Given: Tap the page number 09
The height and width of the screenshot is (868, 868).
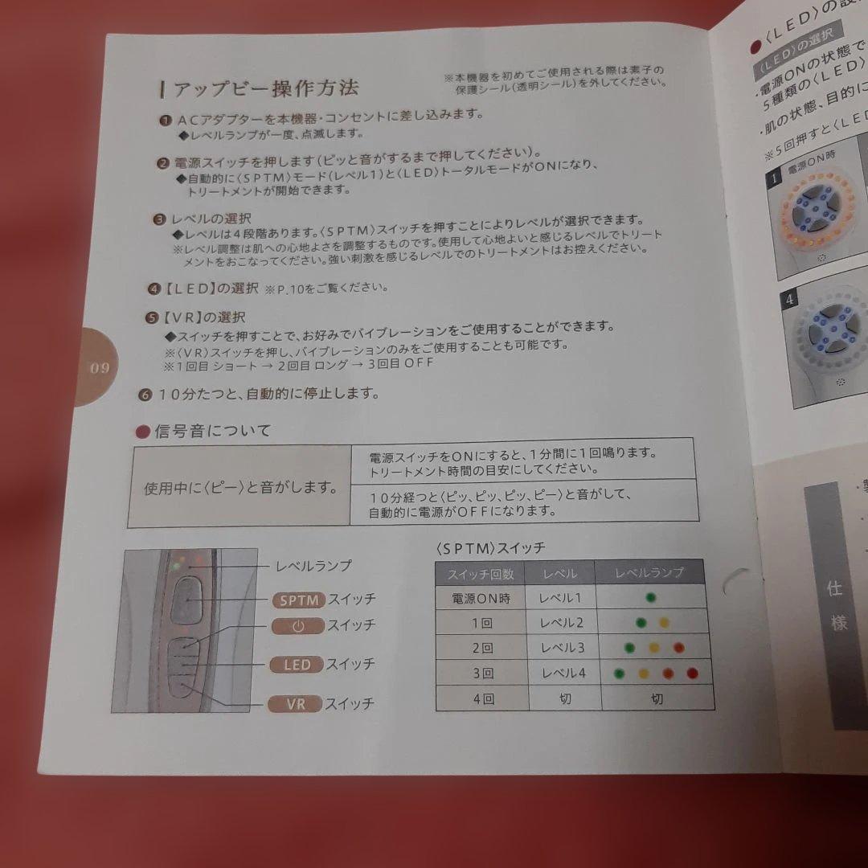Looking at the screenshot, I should point(100,368).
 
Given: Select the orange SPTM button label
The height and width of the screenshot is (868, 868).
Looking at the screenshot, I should point(299,600).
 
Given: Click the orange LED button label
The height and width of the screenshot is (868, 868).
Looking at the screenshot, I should point(296,665).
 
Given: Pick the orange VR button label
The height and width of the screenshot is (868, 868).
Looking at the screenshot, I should point(295,704).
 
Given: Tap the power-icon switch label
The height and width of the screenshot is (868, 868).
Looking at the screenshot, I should point(297,625).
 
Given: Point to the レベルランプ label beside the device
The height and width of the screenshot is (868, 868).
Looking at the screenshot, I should point(313,566).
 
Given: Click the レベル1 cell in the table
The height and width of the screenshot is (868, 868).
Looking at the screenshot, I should point(562,598).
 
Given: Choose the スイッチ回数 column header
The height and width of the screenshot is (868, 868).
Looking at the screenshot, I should point(481,573).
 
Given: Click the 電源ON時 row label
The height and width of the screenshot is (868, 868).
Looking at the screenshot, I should point(481,598).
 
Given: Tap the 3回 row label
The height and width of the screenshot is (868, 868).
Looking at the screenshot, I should point(483,673).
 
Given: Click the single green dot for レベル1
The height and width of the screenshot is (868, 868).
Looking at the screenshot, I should point(650,597).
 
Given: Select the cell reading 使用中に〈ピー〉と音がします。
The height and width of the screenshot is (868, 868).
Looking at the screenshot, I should point(239,489).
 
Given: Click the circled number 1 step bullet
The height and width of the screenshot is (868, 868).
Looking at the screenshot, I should point(165,120).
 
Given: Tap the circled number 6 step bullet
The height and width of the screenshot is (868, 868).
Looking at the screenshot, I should point(145,395).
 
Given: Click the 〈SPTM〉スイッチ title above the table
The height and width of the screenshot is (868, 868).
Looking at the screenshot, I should point(490,547).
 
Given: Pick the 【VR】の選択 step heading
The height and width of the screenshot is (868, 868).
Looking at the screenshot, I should point(201,317).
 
